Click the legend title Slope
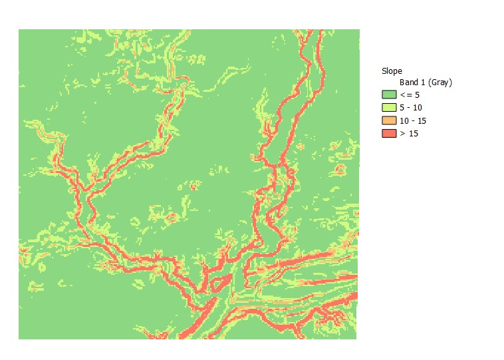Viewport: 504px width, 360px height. click(x=392, y=71)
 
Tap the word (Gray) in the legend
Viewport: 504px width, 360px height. click(x=440, y=83)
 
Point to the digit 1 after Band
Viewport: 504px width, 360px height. click(x=424, y=83)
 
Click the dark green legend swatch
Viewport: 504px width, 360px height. click(x=388, y=95)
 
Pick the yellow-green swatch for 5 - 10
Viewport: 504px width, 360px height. click(x=388, y=108)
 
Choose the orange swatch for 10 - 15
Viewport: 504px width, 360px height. click(x=388, y=120)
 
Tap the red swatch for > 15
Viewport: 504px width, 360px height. click(x=388, y=133)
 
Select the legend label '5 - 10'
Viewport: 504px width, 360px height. click(x=410, y=108)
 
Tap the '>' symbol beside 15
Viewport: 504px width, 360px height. click(x=402, y=133)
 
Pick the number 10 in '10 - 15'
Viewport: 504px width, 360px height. click(x=404, y=120)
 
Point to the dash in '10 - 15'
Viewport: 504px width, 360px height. click(x=412, y=120)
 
